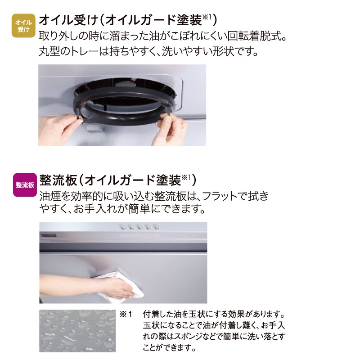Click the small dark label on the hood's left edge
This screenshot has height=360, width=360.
[49, 236]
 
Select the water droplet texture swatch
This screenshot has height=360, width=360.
[77, 331]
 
